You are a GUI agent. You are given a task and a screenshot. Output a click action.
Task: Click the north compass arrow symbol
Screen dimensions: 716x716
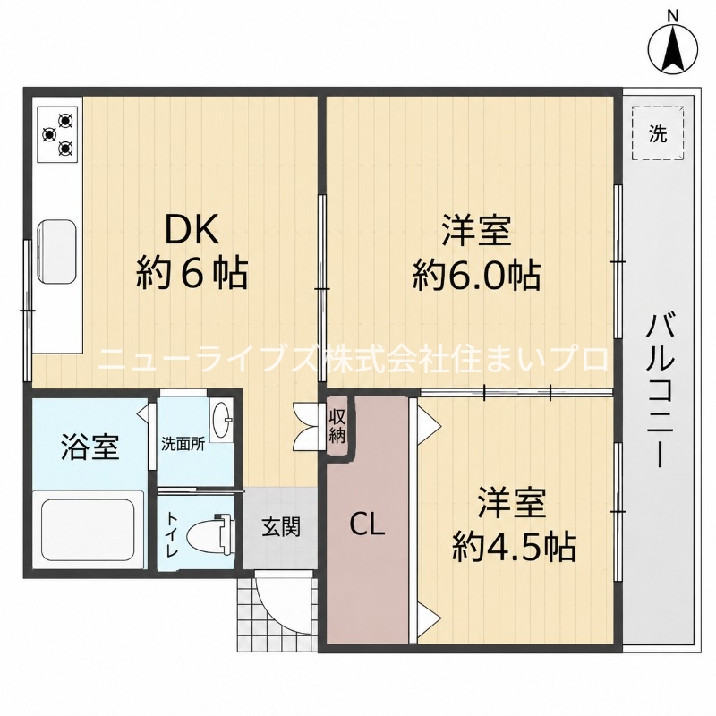[x=673, y=47]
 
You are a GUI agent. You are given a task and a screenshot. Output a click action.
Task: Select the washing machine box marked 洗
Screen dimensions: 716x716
[x=658, y=132]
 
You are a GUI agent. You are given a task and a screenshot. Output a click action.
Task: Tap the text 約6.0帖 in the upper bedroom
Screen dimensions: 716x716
[x=476, y=275]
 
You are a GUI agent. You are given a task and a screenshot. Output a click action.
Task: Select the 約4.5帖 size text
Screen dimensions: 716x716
[x=513, y=546]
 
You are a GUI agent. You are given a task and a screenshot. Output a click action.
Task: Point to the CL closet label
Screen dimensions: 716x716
[x=368, y=525]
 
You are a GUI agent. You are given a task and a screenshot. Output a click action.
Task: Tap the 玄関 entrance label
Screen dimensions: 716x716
[x=281, y=527]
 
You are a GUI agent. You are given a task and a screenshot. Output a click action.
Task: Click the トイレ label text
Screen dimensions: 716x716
[x=172, y=534]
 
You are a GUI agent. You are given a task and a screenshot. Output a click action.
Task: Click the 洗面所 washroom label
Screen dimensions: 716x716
[x=183, y=445]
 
